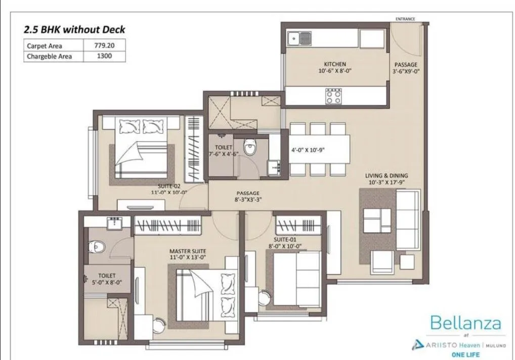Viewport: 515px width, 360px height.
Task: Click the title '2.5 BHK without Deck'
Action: tap(74, 29)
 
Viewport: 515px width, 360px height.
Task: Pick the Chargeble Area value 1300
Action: tap(104, 56)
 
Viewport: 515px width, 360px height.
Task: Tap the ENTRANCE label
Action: tap(405, 19)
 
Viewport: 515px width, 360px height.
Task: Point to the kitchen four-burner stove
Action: tap(333, 96)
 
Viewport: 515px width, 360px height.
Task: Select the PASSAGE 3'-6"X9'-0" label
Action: tap(406, 68)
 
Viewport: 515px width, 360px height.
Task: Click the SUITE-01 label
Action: tap(285, 242)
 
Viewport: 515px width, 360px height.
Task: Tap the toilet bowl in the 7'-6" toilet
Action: tap(249, 147)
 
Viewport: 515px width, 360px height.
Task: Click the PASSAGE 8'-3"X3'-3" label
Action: tap(248, 197)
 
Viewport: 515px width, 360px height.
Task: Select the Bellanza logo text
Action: tap(465, 322)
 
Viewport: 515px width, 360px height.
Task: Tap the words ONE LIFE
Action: tap(465, 354)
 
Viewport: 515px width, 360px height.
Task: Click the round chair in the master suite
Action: tap(159, 324)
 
